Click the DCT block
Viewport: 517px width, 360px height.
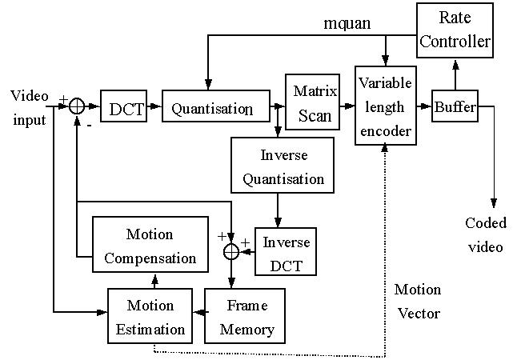pos(125,107)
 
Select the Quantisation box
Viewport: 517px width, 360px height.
pos(212,108)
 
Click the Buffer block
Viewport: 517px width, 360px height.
pos(455,107)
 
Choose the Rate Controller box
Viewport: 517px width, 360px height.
pos(455,30)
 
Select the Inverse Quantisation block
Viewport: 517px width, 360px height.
pos(278,166)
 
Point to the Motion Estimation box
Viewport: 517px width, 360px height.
pos(150,316)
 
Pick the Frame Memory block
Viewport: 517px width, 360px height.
pos(247,316)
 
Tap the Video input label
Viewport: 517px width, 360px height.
pos(30,108)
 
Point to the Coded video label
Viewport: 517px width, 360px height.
pos(485,234)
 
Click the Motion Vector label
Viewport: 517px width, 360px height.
pos(418,301)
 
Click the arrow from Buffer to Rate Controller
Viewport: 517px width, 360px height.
pos(455,76)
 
